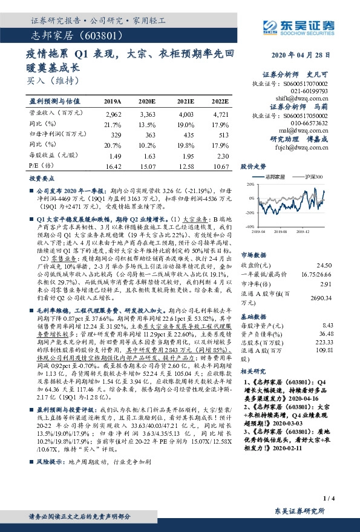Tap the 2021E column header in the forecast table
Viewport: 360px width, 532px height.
click(x=186, y=101)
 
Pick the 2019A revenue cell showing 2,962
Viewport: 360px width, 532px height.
click(x=113, y=114)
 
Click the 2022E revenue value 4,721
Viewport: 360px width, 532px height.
click(x=220, y=114)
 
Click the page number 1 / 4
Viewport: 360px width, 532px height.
click(x=329, y=498)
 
